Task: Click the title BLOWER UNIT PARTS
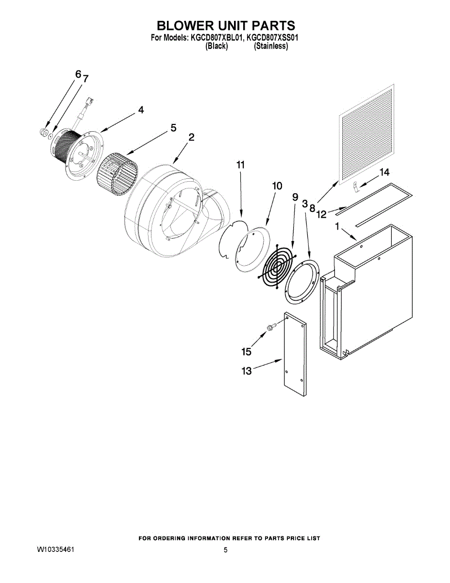226,25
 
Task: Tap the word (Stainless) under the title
271,46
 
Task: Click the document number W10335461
55,550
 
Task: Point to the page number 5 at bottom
225,550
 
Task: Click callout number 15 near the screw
247,351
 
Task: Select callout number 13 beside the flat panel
247,371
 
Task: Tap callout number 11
240,165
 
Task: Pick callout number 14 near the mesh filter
384,172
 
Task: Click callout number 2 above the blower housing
191,137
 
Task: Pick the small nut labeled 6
43,132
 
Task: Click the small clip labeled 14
355,185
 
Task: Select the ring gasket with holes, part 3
301,282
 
